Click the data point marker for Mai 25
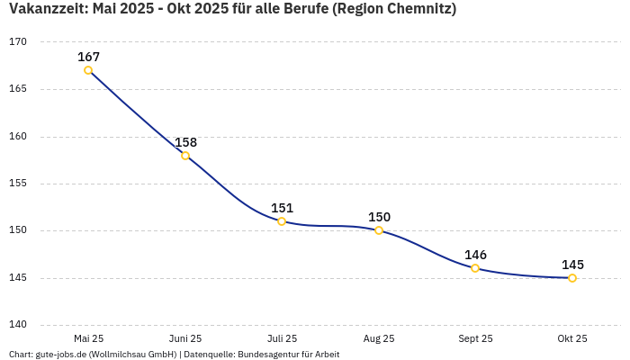[x=88, y=70]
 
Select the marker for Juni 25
[x=185, y=156]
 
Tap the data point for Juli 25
[x=282, y=221]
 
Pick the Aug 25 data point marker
[x=379, y=230]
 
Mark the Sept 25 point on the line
[x=475, y=268]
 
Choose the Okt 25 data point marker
[x=572, y=278]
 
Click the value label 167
[x=88, y=57]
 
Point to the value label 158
[x=185, y=142]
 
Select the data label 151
[x=282, y=208]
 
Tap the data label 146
[x=475, y=255]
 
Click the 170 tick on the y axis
[x=18, y=42]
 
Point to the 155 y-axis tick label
[x=18, y=184]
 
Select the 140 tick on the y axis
[x=18, y=325]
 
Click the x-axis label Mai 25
[x=88, y=339]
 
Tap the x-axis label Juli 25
[x=282, y=339]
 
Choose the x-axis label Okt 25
[x=572, y=339]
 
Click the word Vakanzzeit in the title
[x=44, y=10]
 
